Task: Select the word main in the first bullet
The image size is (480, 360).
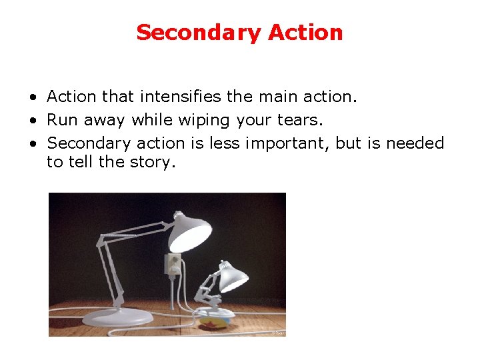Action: [281, 97]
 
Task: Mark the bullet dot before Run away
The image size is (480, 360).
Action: [33, 121]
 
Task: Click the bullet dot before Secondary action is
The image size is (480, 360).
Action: [33, 143]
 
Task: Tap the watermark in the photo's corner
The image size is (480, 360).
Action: [279, 332]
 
